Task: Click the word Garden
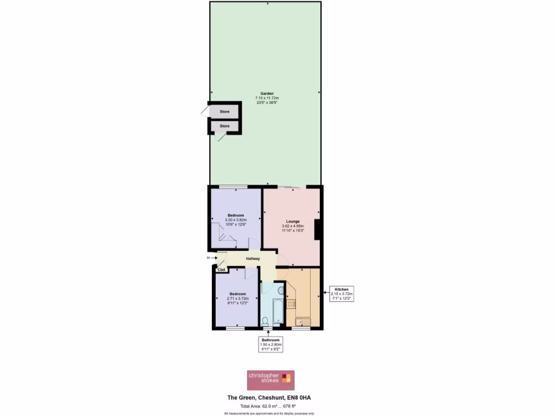tap(264, 93)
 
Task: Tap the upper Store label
tap(224, 112)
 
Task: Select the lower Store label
tap(224, 126)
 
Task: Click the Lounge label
tap(293, 221)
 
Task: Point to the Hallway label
tap(253, 258)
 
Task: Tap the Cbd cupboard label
tap(221, 269)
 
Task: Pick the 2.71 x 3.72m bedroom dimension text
tap(237, 298)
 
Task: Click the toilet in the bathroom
tap(265, 322)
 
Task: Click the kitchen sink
tap(302, 322)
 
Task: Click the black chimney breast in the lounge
tap(318, 230)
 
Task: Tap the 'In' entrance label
tap(208, 258)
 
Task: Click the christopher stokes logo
tap(270, 380)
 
